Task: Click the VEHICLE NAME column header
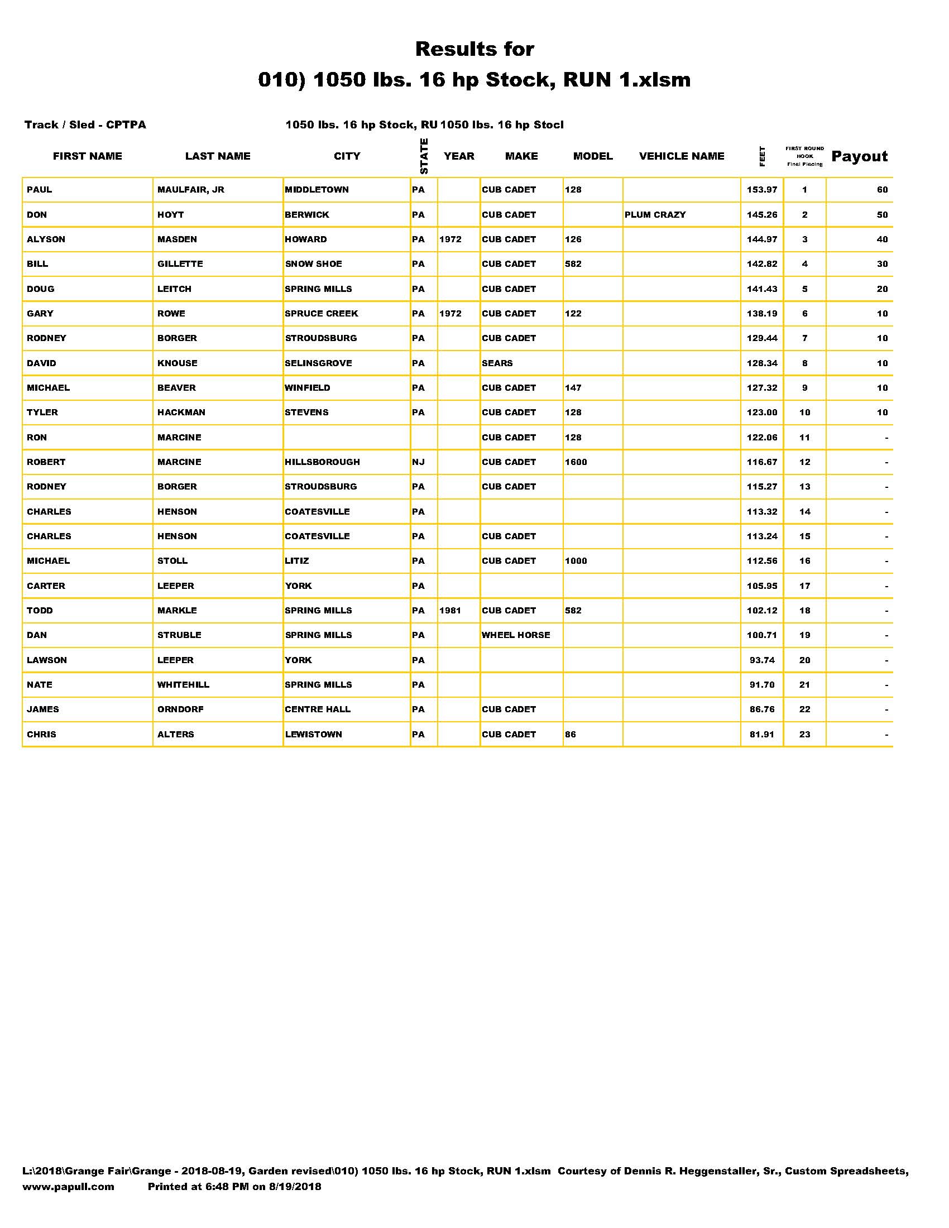pyautogui.click(x=682, y=156)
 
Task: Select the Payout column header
pyautogui.click(x=859, y=156)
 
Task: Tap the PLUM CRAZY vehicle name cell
pyautogui.click(x=655, y=215)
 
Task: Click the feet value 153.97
pyautogui.click(x=762, y=190)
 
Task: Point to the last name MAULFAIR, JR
pyautogui.click(x=190, y=190)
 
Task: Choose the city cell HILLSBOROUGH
pyautogui.click(x=322, y=462)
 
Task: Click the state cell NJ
pyautogui.click(x=418, y=462)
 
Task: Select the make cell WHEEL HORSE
pyautogui.click(x=516, y=635)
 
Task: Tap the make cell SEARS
pyautogui.click(x=497, y=363)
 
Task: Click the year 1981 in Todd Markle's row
pyautogui.click(x=450, y=611)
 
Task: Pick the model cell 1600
pyautogui.click(x=576, y=462)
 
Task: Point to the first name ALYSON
pyautogui.click(x=46, y=239)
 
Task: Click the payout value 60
pyautogui.click(x=882, y=190)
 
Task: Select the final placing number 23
pyautogui.click(x=804, y=735)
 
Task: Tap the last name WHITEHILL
pyautogui.click(x=183, y=685)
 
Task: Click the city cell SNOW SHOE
pyautogui.click(x=313, y=264)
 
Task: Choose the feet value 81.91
pyautogui.click(x=762, y=735)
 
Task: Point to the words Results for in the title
pyautogui.click(x=474, y=50)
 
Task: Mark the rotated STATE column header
pyautogui.click(x=424, y=156)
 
